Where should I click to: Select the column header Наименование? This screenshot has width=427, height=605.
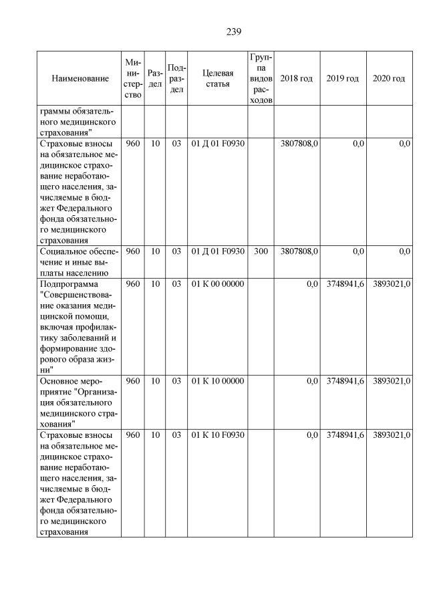click(80, 79)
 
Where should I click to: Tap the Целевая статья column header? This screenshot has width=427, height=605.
click(217, 79)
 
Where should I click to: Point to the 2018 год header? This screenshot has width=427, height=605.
click(296, 79)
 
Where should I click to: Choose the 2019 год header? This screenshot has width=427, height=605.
click(342, 79)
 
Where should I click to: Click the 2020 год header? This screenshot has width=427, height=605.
click(388, 79)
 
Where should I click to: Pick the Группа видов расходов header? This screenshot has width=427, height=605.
click(260, 79)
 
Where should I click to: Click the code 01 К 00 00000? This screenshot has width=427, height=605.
click(218, 284)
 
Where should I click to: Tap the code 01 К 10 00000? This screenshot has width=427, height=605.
click(218, 381)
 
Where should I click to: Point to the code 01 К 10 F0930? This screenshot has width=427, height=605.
click(218, 435)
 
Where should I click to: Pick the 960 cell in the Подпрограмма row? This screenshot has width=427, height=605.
click(133, 284)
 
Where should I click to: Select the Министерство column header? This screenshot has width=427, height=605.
click(133, 79)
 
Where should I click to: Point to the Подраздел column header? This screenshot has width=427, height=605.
click(176, 79)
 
